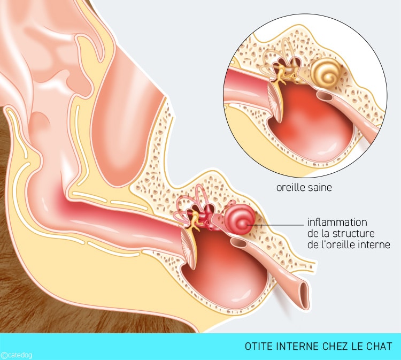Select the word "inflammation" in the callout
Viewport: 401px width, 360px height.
tap(337, 222)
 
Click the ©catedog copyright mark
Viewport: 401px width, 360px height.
tap(16, 355)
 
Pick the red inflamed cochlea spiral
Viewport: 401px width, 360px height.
tap(240, 220)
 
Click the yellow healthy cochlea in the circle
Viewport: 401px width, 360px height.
tap(326, 72)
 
